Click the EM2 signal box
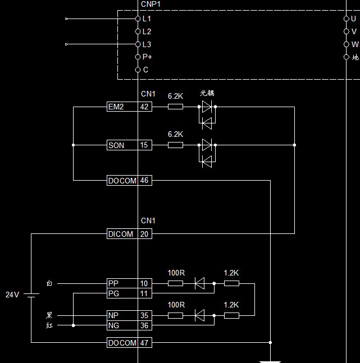click(122, 107)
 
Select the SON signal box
click(122, 145)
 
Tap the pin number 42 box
click(145, 107)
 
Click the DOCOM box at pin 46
click(122, 181)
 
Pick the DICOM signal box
click(122, 234)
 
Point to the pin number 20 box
click(145, 234)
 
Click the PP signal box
click(122, 284)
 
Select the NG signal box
click(122, 325)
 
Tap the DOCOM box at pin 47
click(122, 343)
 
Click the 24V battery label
click(12, 295)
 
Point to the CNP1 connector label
click(151, 4)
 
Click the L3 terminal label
click(147, 44)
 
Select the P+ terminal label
click(147, 57)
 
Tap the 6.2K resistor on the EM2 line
click(175, 107)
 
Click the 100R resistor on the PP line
click(175, 284)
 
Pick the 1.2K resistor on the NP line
click(231, 316)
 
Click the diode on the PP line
click(199, 284)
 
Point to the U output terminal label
click(353, 19)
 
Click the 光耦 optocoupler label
click(207, 93)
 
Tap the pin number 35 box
click(145, 316)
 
